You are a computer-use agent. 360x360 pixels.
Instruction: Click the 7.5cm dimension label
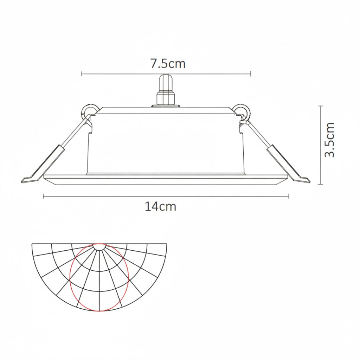[x=168, y=64]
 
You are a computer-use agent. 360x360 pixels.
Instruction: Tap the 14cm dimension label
[x=160, y=207]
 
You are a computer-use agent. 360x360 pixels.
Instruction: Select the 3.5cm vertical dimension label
[x=329, y=140]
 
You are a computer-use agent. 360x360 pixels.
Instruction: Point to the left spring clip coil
[x=90, y=112]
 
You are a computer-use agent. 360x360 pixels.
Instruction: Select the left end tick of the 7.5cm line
[x=82, y=74]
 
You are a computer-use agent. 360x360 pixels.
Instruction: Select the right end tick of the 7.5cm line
[x=251, y=74]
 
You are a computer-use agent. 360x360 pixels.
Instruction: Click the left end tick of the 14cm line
[x=44, y=196]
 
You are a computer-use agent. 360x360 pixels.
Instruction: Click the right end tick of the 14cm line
[x=289, y=196]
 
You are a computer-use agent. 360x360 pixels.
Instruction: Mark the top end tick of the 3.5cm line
[x=321, y=105]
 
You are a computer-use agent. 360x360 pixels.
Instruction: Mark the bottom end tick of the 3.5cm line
[x=321, y=184]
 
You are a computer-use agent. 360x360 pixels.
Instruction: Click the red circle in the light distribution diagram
[x=70, y=278]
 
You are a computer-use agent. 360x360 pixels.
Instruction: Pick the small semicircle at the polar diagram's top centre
[x=99, y=247]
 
